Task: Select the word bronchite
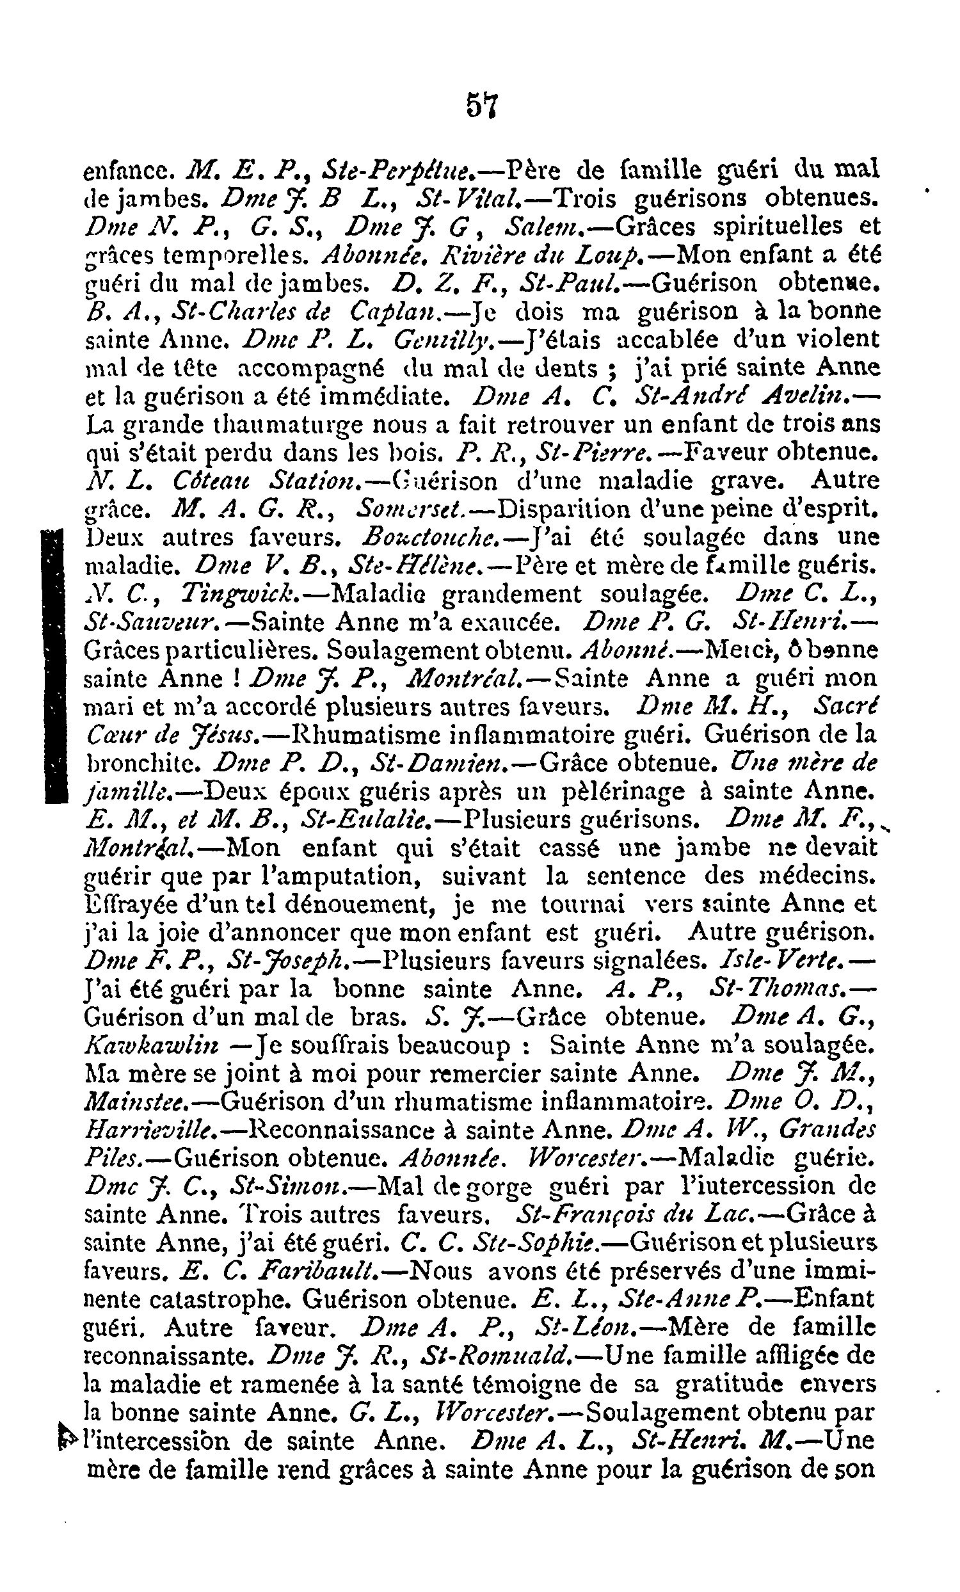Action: point(143,764)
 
